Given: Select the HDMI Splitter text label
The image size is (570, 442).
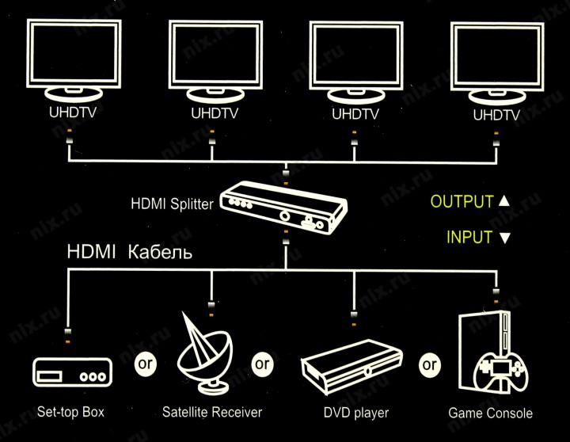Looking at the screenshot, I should click(x=172, y=204).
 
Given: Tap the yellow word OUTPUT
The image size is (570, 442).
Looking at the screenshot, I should click(x=462, y=201).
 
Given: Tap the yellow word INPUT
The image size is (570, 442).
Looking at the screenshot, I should click(x=469, y=237).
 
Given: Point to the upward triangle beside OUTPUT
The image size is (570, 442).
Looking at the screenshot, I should click(x=504, y=201).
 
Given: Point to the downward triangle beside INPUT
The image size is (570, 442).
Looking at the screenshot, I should click(x=505, y=238).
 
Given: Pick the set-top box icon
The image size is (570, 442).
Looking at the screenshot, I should click(x=70, y=373).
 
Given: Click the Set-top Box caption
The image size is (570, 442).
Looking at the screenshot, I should click(x=70, y=412).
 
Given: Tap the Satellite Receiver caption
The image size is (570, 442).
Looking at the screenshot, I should click(x=211, y=412).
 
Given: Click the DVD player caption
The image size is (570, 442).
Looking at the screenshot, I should click(x=355, y=413).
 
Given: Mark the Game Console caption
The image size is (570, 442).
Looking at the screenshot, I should click(x=490, y=413).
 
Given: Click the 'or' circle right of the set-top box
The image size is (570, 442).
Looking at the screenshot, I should click(x=144, y=364).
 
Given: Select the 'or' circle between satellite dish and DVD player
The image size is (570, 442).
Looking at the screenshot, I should click(x=261, y=364).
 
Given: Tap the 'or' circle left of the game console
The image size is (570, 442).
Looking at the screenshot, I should click(x=429, y=365).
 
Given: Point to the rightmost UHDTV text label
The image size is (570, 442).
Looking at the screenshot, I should click(x=496, y=116).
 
